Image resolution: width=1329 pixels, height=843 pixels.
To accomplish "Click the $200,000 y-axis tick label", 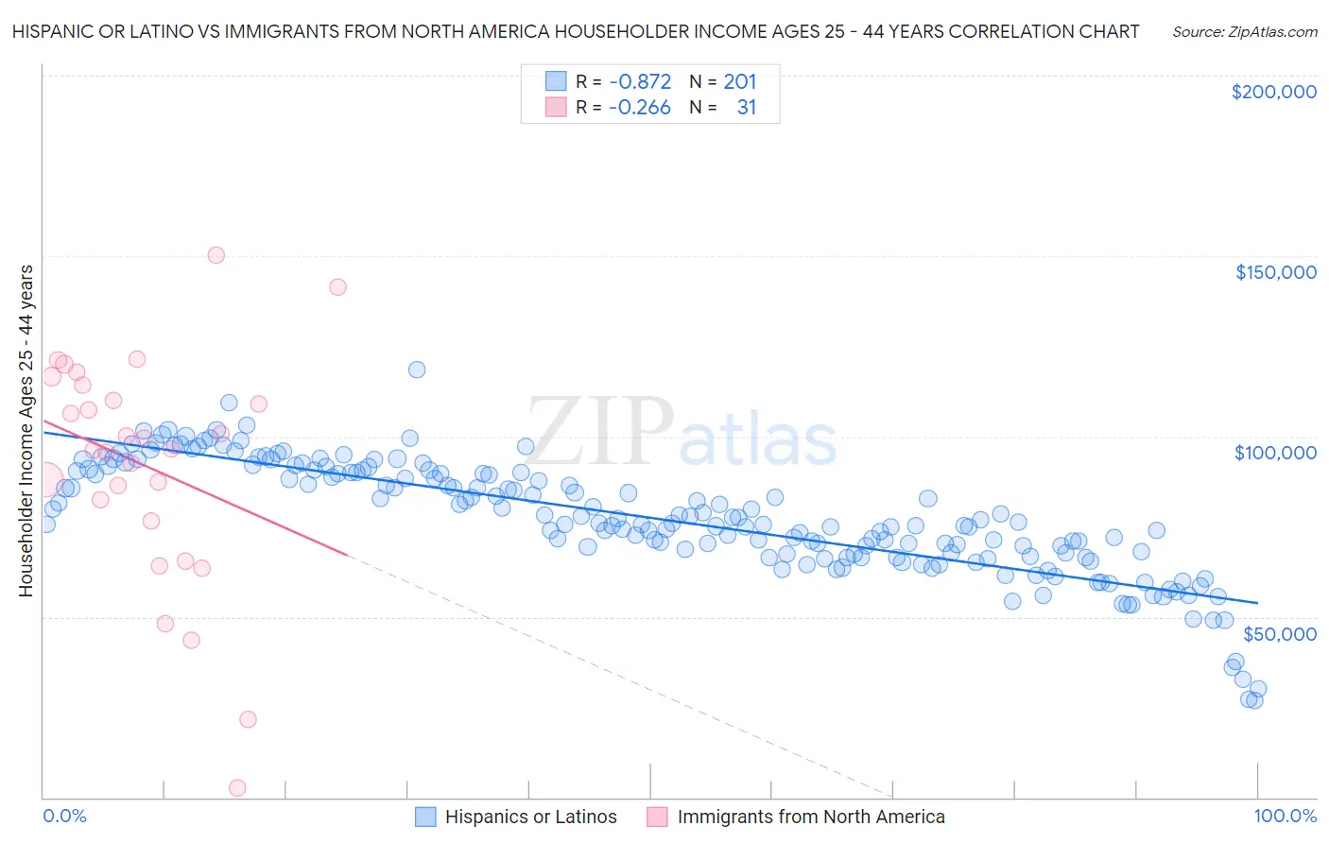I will (1273, 92).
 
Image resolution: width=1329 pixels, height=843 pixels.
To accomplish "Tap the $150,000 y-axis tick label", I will (1275, 272).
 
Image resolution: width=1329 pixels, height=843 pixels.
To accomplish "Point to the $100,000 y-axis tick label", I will (1275, 453).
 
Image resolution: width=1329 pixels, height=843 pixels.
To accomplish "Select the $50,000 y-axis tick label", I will (1279, 633).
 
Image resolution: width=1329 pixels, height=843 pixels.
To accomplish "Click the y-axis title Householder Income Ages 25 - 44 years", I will (26, 431).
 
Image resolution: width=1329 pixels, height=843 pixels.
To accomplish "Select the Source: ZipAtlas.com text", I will (1244, 31).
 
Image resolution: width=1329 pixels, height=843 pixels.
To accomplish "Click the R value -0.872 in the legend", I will (639, 81).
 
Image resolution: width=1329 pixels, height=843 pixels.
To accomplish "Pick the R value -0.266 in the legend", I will (639, 108).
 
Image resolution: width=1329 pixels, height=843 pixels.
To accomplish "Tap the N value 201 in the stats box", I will (739, 81).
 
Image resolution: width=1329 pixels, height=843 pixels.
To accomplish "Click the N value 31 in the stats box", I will (746, 108).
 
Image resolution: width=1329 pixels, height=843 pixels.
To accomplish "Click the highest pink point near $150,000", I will (216, 255).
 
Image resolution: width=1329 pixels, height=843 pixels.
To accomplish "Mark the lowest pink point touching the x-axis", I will (237, 788).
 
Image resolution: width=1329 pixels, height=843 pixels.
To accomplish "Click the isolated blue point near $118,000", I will (417, 370).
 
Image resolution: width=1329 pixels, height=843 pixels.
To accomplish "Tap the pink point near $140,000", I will (337, 287).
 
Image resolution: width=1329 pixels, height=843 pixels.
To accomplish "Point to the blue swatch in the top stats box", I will (555, 81).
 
